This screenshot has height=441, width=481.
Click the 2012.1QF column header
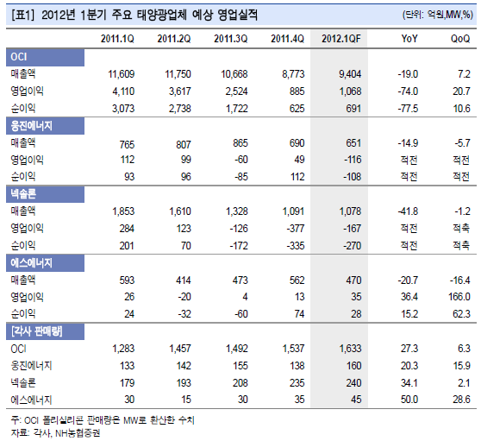pyautogui.click(x=341, y=39)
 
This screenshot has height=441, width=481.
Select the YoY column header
pyautogui.click(x=409, y=39)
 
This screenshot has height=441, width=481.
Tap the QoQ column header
pyautogui.click(x=460, y=39)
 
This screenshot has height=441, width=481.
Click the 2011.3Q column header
pyautogui.click(x=231, y=39)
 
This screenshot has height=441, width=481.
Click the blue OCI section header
pyautogui.click(x=45, y=57)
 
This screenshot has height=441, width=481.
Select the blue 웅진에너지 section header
pyautogui.click(x=45, y=126)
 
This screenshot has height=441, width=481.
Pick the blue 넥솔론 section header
pyautogui.click(x=45, y=194)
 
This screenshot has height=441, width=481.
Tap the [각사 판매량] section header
pyautogui.click(x=45, y=331)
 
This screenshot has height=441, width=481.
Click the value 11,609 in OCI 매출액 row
pyautogui.click(x=122, y=74)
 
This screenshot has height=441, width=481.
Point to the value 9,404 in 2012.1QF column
pyautogui.click(x=350, y=74)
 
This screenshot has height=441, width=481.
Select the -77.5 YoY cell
pyautogui.click(x=408, y=109)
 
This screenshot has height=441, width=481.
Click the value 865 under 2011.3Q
pyautogui.click(x=240, y=143)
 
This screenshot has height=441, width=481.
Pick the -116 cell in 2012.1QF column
pyautogui.click(x=353, y=160)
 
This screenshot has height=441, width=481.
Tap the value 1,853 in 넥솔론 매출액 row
pyautogui.click(x=123, y=211)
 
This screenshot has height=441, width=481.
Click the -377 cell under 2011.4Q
pyautogui.click(x=295, y=229)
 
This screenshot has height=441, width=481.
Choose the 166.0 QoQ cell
pyautogui.click(x=459, y=297)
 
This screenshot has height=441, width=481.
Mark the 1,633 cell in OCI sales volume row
pyautogui.click(x=350, y=349)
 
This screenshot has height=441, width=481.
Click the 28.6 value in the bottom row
pyautogui.click(x=461, y=400)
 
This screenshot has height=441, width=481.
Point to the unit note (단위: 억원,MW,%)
pyautogui.click(x=438, y=15)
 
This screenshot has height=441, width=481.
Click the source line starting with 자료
pyautogui.click(x=55, y=433)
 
